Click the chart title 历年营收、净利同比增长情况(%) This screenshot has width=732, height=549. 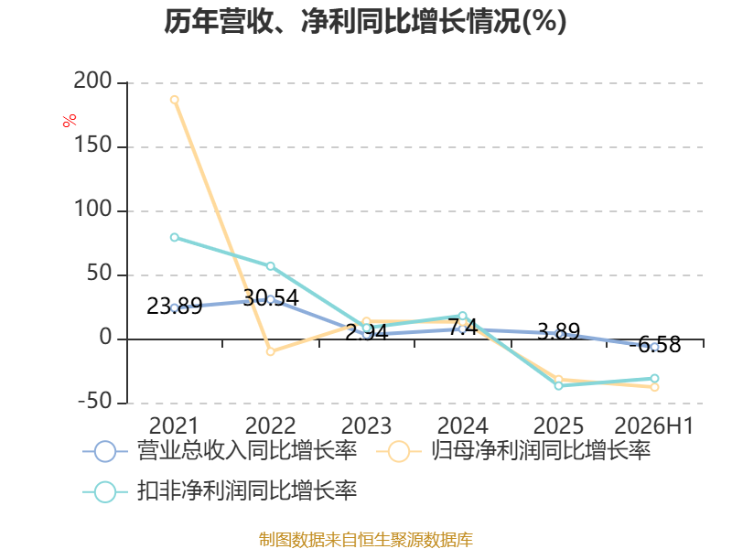(365, 21)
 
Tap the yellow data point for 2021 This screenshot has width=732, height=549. (175, 100)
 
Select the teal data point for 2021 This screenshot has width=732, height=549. (175, 238)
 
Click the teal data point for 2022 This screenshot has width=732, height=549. (270, 266)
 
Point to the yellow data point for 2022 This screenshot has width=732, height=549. (270, 351)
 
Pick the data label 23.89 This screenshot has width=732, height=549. (175, 307)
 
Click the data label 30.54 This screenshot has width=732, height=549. (271, 298)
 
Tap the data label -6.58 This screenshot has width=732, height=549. (655, 345)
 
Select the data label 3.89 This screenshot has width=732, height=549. (559, 331)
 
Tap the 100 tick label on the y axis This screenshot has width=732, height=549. (93, 210)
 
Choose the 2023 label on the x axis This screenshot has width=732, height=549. (367, 426)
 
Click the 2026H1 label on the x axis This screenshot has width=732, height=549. (654, 426)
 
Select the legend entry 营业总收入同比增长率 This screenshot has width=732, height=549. (220, 451)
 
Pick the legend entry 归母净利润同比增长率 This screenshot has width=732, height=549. (513, 451)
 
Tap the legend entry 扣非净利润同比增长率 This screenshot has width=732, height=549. (220, 491)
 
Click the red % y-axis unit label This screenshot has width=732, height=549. (70, 121)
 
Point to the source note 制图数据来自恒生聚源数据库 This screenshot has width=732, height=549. (366, 540)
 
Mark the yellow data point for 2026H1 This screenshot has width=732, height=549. (654, 387)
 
